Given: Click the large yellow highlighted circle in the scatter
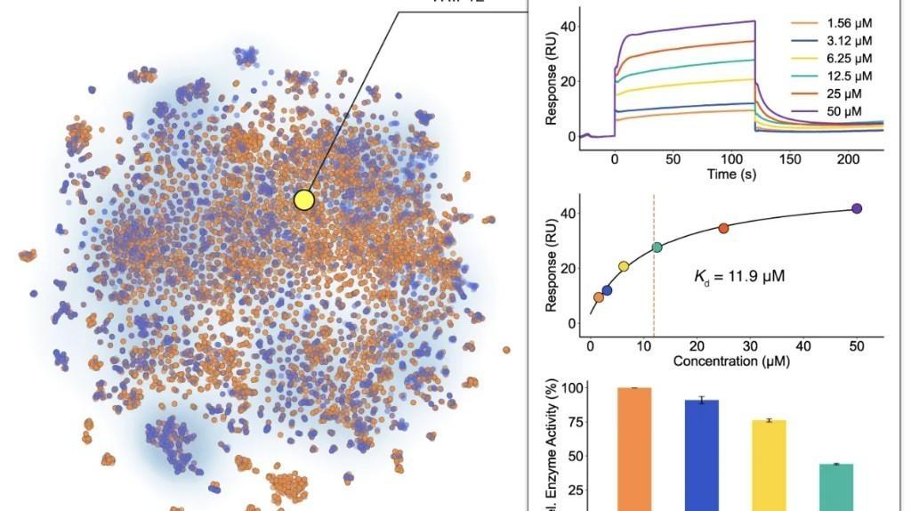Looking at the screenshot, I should click(x=305, y=199).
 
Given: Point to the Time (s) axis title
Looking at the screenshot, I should click(x=733, y=174).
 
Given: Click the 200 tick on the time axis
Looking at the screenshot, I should click(x=849, y=159).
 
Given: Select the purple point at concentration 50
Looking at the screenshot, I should click(x=857, y=208).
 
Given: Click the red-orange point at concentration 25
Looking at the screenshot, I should click(x=723, y=229).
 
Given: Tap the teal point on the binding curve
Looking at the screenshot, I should click(x=657, y=247).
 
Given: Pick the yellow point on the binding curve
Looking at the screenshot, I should click(x=624, y=266).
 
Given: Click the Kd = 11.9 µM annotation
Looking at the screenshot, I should click(x=739, y=276).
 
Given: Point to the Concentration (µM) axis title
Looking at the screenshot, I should click(x=731, y=361).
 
